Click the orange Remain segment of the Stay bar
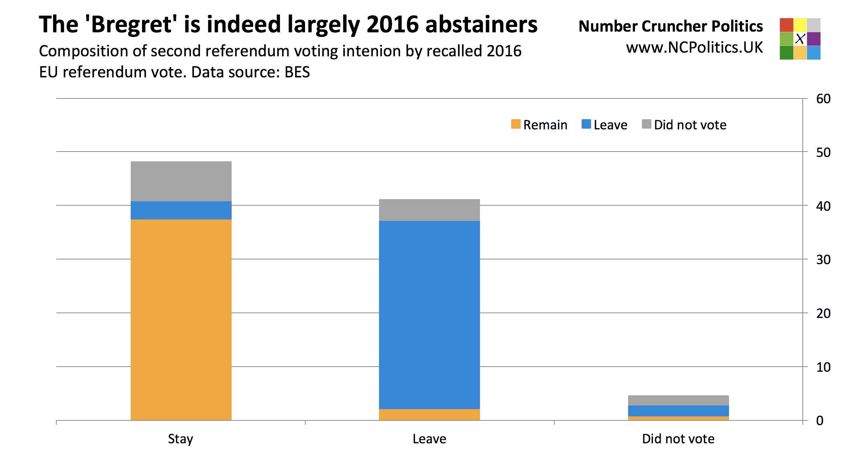click(181, 320)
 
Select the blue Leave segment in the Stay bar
click(181, 210)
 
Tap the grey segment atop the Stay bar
click(181, 181)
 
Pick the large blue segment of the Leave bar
click(429, 315)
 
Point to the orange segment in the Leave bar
click(429, 415)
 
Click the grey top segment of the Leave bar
click(429, 210)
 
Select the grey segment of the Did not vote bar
click(678, 400)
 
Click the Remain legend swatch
click(516, 124)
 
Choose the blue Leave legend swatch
click(586, 124)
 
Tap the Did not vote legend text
click(690, 125)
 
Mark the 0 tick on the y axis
click(820, 421)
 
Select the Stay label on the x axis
click(180, 439)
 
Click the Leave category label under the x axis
click(429, 439)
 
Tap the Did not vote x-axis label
click(678, 439)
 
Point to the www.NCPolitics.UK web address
click(694, 48)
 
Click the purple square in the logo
click(814, 39)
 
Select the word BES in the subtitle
click(297, 72)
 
